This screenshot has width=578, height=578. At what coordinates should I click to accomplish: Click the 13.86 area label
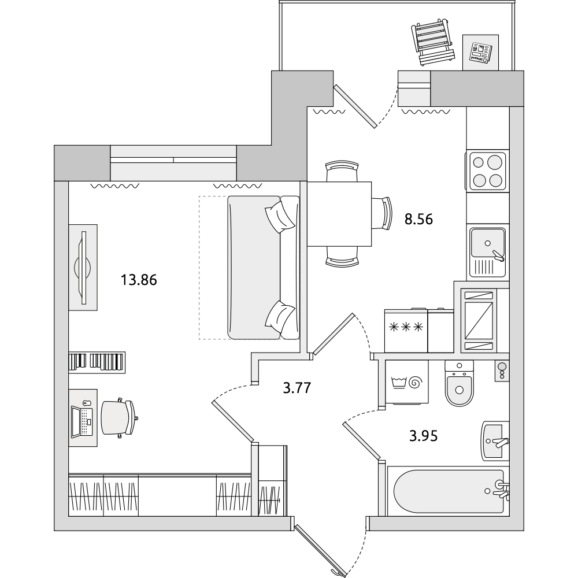139,280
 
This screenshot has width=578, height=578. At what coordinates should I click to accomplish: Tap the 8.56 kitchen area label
418,219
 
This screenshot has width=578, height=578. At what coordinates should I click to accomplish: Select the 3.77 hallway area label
297,388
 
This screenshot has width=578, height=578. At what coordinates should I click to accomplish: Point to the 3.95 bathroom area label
424,436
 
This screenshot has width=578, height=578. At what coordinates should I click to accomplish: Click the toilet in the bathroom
459,383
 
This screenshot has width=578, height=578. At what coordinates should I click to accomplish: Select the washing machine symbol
406,382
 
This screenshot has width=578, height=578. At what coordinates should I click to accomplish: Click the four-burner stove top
488,171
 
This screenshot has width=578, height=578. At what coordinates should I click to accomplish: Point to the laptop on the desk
81,422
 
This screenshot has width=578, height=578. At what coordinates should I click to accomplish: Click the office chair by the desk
118,418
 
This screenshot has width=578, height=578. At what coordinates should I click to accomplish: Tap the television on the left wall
83,267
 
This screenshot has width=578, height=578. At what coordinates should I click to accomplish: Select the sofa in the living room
264,268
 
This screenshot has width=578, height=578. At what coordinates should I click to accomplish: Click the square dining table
339,214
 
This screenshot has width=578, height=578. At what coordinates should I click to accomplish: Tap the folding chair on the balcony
432,44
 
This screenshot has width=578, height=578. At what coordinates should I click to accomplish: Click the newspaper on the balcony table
480,53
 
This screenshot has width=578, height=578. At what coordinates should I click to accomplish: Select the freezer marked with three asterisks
406,331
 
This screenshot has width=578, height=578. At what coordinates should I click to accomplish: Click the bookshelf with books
97,362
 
